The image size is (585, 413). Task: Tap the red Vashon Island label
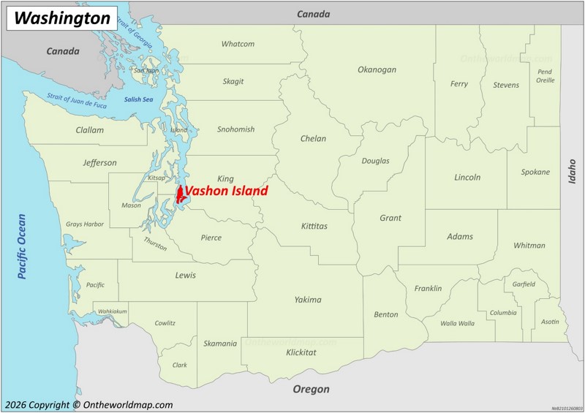226,192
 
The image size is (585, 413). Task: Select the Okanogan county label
377,70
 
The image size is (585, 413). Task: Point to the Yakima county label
308,300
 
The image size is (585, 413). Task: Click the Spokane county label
535,173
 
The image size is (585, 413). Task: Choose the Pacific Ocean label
22,246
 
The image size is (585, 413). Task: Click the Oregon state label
311,390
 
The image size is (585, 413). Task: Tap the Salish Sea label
138,99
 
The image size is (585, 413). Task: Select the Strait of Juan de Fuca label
77,101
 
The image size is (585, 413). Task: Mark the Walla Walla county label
457,323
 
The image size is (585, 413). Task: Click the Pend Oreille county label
545,76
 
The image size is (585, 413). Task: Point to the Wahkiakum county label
113,311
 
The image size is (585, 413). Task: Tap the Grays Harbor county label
85,224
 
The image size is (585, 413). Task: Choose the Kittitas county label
314,227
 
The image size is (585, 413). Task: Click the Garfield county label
524,284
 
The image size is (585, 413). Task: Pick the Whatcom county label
238,44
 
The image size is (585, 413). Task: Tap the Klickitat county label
301,352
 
